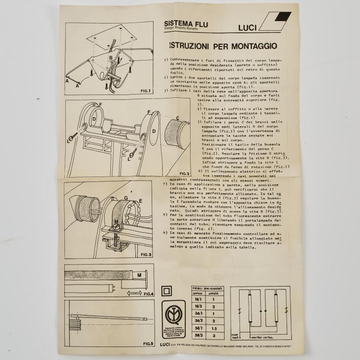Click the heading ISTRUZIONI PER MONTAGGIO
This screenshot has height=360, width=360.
point(222,46)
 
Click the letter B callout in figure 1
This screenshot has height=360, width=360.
point(110,57)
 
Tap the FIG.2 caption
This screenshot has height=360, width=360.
point(185,173)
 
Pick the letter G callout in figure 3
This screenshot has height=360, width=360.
point(126,197)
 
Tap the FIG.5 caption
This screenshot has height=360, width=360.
point(147,344)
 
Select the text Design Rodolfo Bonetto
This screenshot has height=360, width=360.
point(184,29)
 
